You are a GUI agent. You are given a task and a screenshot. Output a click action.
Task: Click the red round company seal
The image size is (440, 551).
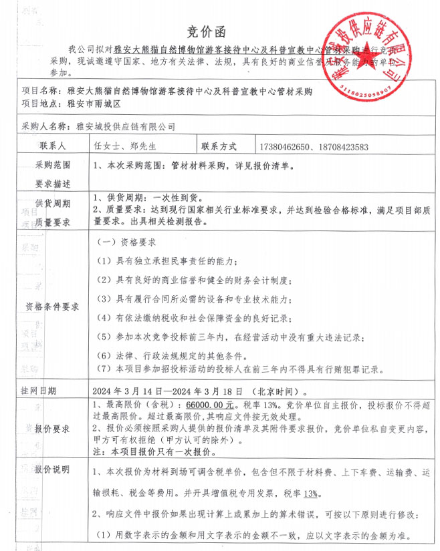click(x=367, y=51)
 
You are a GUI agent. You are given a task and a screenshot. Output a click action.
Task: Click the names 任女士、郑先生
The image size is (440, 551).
click(x=126, y=146)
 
